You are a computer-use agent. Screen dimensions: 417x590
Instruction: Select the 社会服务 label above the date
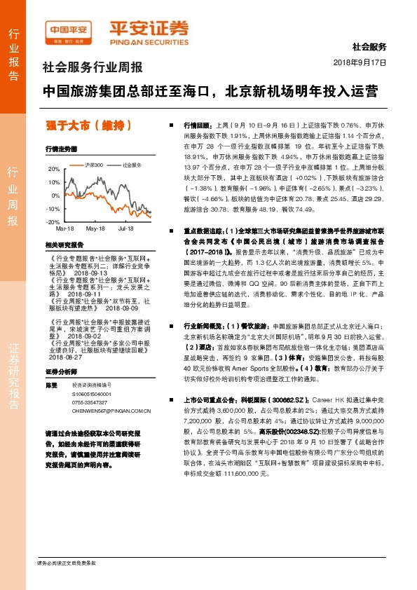point(369,47)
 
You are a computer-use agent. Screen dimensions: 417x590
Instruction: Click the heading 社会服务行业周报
point(93,69)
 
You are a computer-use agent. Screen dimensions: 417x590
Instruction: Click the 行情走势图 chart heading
point(60,149)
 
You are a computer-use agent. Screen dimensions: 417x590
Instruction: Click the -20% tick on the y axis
point(53,221)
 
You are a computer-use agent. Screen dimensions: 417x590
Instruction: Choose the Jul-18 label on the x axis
point(126,229)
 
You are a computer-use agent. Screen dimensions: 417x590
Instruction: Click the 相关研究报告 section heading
point(64,245)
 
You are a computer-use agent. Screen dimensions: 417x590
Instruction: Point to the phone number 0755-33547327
point(89,404)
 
